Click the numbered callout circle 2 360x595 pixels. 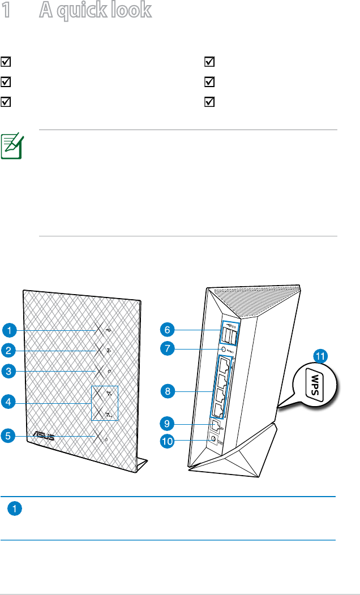click(8, 351)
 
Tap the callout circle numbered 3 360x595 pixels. click(8, 372)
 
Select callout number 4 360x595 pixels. click(8, 403)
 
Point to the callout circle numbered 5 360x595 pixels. click(8, 436)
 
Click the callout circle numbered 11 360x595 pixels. click(321, 356)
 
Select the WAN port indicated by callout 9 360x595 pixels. click(216, 424)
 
